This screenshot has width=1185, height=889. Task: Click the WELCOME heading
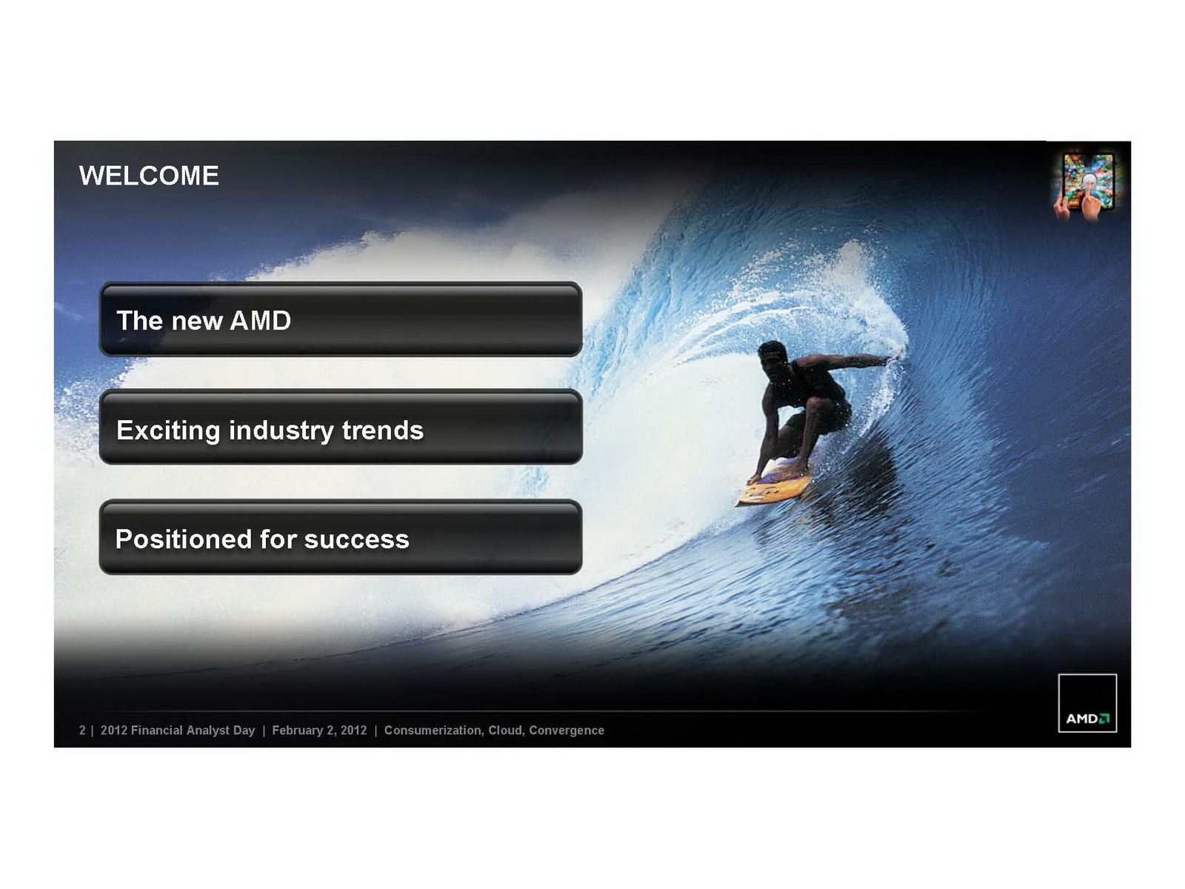coord(149,176)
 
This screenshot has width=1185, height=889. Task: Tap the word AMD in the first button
coord(260,320)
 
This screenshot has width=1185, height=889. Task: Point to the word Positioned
coord(184,539)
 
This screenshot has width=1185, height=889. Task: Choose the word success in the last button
coord(357,539)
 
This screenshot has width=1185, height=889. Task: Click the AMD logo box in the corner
coord(1087,703)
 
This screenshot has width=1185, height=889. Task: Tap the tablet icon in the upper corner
coord(1087,187)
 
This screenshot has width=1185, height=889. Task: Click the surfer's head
coord(772,355)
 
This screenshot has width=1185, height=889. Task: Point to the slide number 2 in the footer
coord(82,730)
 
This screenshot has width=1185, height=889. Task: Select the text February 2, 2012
coord(320,730)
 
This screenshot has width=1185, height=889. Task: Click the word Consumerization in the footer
coord(434,730)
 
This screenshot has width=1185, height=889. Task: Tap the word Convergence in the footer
coord(567,730)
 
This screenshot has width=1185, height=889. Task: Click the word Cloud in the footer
coord(506,730)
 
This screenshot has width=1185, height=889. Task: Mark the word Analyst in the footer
coord(208,730)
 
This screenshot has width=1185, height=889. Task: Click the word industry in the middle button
coord(281,431)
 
